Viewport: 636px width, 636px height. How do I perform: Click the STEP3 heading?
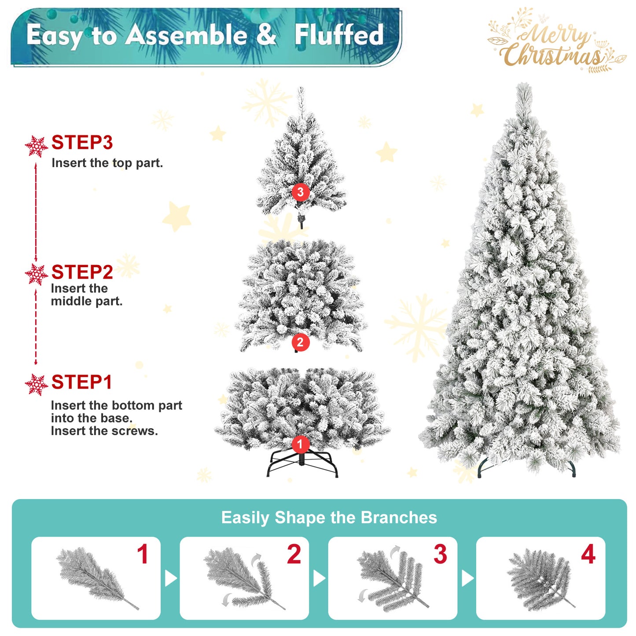pos(82,143)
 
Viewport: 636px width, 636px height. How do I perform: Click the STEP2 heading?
pos(82,272)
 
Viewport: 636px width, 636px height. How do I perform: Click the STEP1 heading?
pos(81,382)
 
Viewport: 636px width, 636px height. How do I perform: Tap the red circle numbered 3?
pos(301,192)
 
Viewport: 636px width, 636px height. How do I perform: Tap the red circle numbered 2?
pos(301,342)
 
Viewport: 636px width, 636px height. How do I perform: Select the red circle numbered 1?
pos(301,444)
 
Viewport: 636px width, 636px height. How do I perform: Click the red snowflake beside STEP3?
pos(36,147)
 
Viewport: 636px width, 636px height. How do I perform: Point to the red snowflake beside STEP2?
pos(36,275)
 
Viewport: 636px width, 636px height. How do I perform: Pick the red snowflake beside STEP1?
pos(36,385)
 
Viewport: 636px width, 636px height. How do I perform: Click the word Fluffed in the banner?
pos(339,35)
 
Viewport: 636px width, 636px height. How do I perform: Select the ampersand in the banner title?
pos(266,34)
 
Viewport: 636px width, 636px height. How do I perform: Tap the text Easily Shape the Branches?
pos(329,518)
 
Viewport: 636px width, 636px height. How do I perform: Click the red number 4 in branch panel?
pos(588,554)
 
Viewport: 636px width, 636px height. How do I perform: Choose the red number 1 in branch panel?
pos(143,554)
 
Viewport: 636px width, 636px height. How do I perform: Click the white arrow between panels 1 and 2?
pos(170,578)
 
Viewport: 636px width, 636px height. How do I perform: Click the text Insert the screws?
pos(104,431)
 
